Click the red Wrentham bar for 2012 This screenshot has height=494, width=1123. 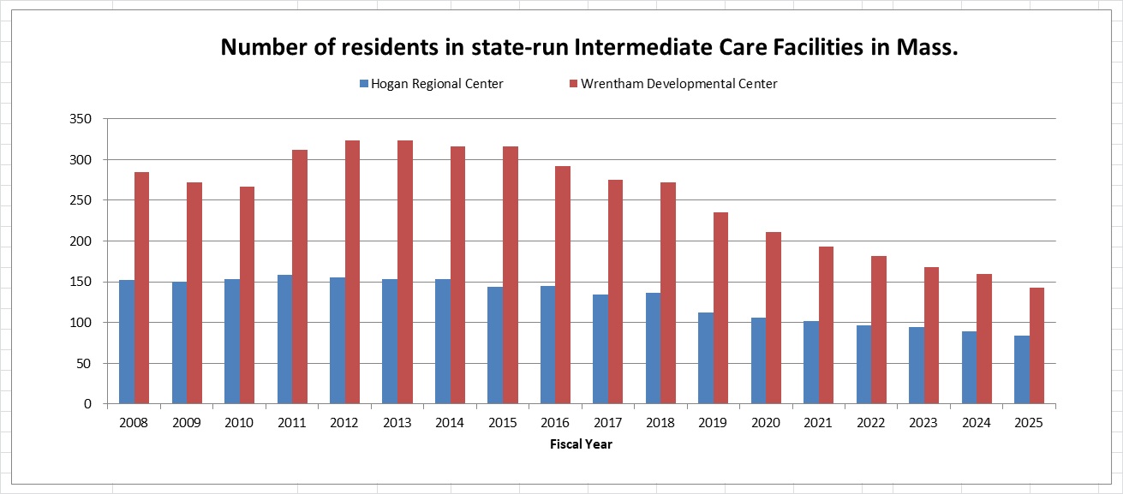[352, 272]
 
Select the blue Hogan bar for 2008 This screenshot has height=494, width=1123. [127, 342]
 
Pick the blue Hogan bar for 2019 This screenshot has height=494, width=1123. [706, 358]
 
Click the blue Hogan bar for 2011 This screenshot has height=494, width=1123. [284, 339]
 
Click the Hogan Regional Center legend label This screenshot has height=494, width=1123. [437, 84]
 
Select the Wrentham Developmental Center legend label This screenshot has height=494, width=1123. [679, 84]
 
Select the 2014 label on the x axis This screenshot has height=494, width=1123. [451, 423]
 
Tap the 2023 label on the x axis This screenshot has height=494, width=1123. [924, 423]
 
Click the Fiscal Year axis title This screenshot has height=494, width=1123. [582, 444]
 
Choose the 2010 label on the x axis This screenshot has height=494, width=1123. [240, 423]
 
